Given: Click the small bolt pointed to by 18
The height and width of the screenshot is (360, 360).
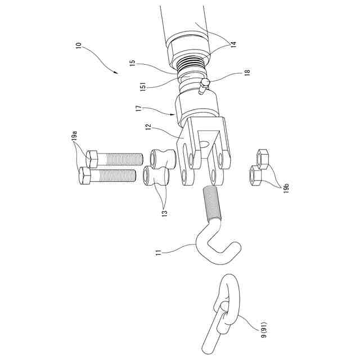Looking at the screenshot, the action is (x=204, y=88).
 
